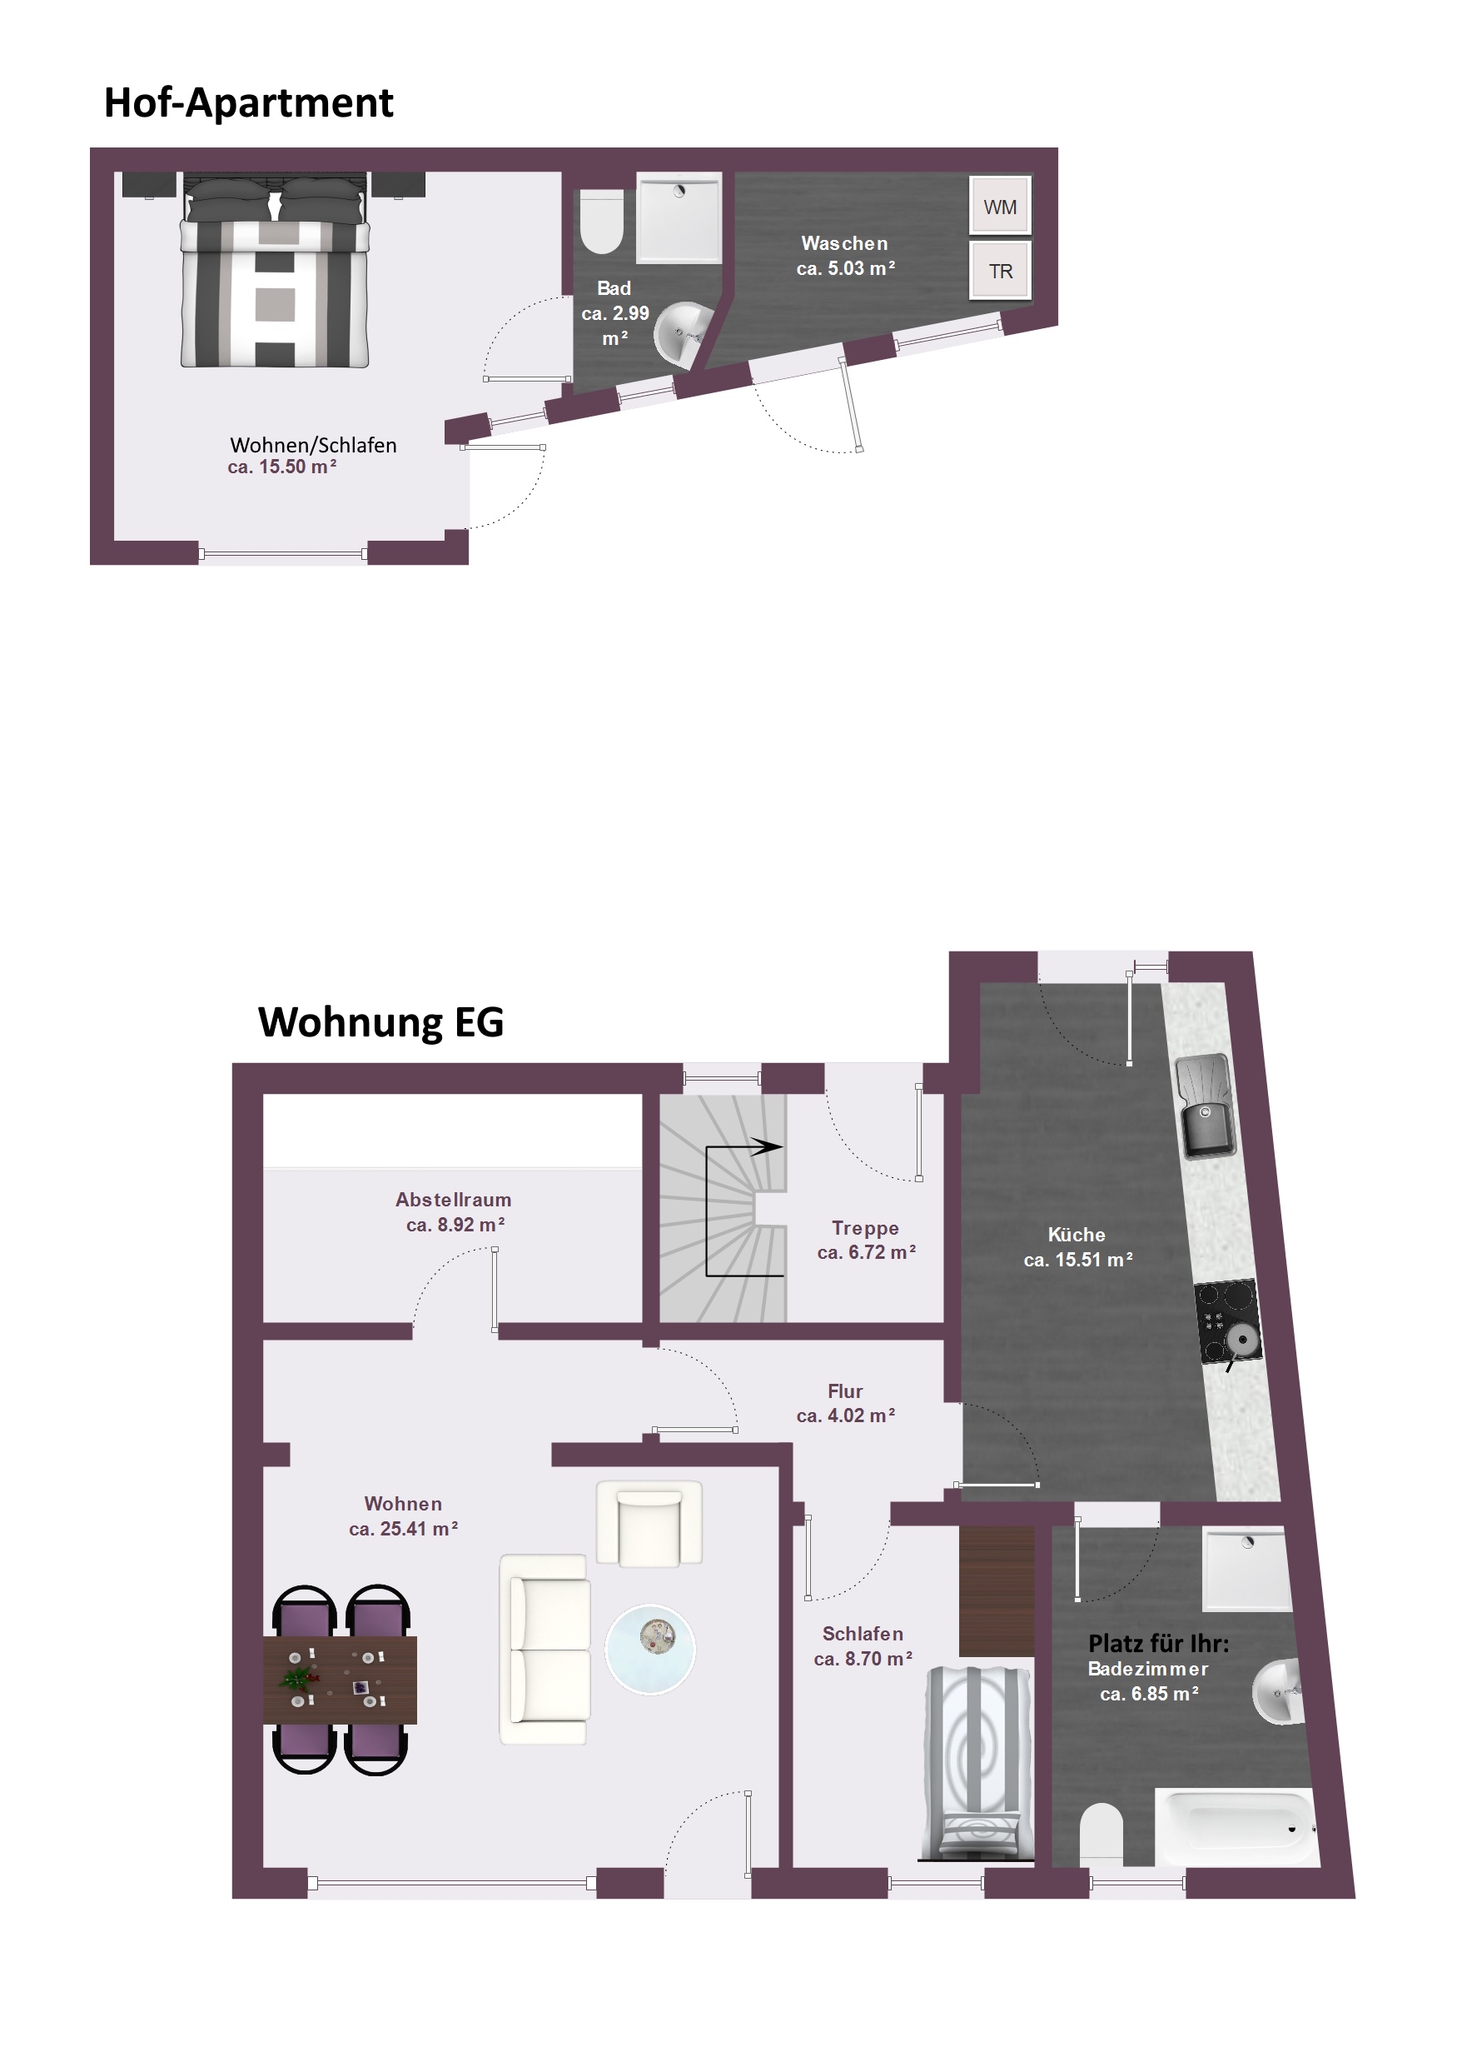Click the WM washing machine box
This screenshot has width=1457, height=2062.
(x=999, y=206)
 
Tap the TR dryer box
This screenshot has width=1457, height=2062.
(x=999, y=269)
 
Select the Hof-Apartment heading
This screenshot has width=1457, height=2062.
(x=249, y=102)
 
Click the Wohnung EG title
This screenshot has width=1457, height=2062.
(x=380, y=1022)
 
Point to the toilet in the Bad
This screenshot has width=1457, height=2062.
(x=600, y=221)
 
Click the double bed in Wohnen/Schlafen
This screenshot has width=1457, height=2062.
(x=275, y=270)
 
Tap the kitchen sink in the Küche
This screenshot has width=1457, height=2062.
(x=1205, y=1106)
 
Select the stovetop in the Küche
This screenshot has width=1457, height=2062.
(x=1227, y=1321)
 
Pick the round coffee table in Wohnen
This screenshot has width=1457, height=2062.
(x=650, y=1649)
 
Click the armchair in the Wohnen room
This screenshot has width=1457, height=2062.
(x=649, y=1524)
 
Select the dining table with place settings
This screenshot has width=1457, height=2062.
(x=341, y=1680)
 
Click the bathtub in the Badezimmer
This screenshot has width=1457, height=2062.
(x=1236, y=1828)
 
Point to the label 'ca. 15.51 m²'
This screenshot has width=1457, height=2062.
(x=1077, y=1259)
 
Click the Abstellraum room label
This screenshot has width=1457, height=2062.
(x=454, y=1200)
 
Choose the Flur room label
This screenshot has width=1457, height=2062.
(x=845, y=1391)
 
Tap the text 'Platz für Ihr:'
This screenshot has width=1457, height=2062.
(x=1158, y=1644)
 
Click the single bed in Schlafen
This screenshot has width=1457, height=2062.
(x=977, y=1763)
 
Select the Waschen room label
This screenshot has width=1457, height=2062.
(x=845, y=243)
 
